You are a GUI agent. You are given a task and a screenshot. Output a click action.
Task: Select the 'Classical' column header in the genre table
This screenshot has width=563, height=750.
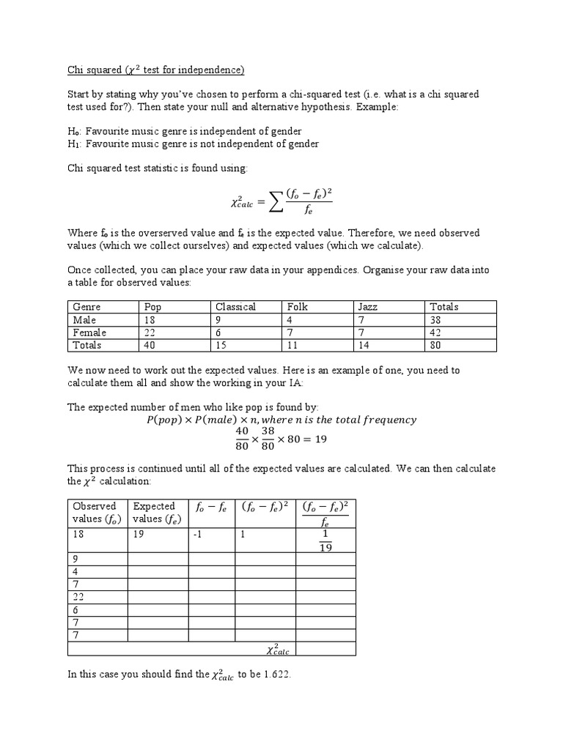coord(235,307)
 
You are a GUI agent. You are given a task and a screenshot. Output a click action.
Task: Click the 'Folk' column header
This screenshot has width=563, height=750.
coord(298,307)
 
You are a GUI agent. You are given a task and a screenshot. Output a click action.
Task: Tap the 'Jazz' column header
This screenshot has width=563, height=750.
coord(367,307)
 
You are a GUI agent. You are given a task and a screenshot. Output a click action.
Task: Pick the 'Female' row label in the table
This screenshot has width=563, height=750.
coord(89,333)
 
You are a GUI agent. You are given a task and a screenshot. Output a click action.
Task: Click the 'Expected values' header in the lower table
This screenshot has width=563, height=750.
coord(153,512)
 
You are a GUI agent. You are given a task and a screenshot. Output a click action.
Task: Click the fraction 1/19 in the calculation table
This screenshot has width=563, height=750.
coord(325,541)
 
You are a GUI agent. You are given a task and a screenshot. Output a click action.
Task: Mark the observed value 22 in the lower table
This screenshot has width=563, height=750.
coord(80,598)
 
